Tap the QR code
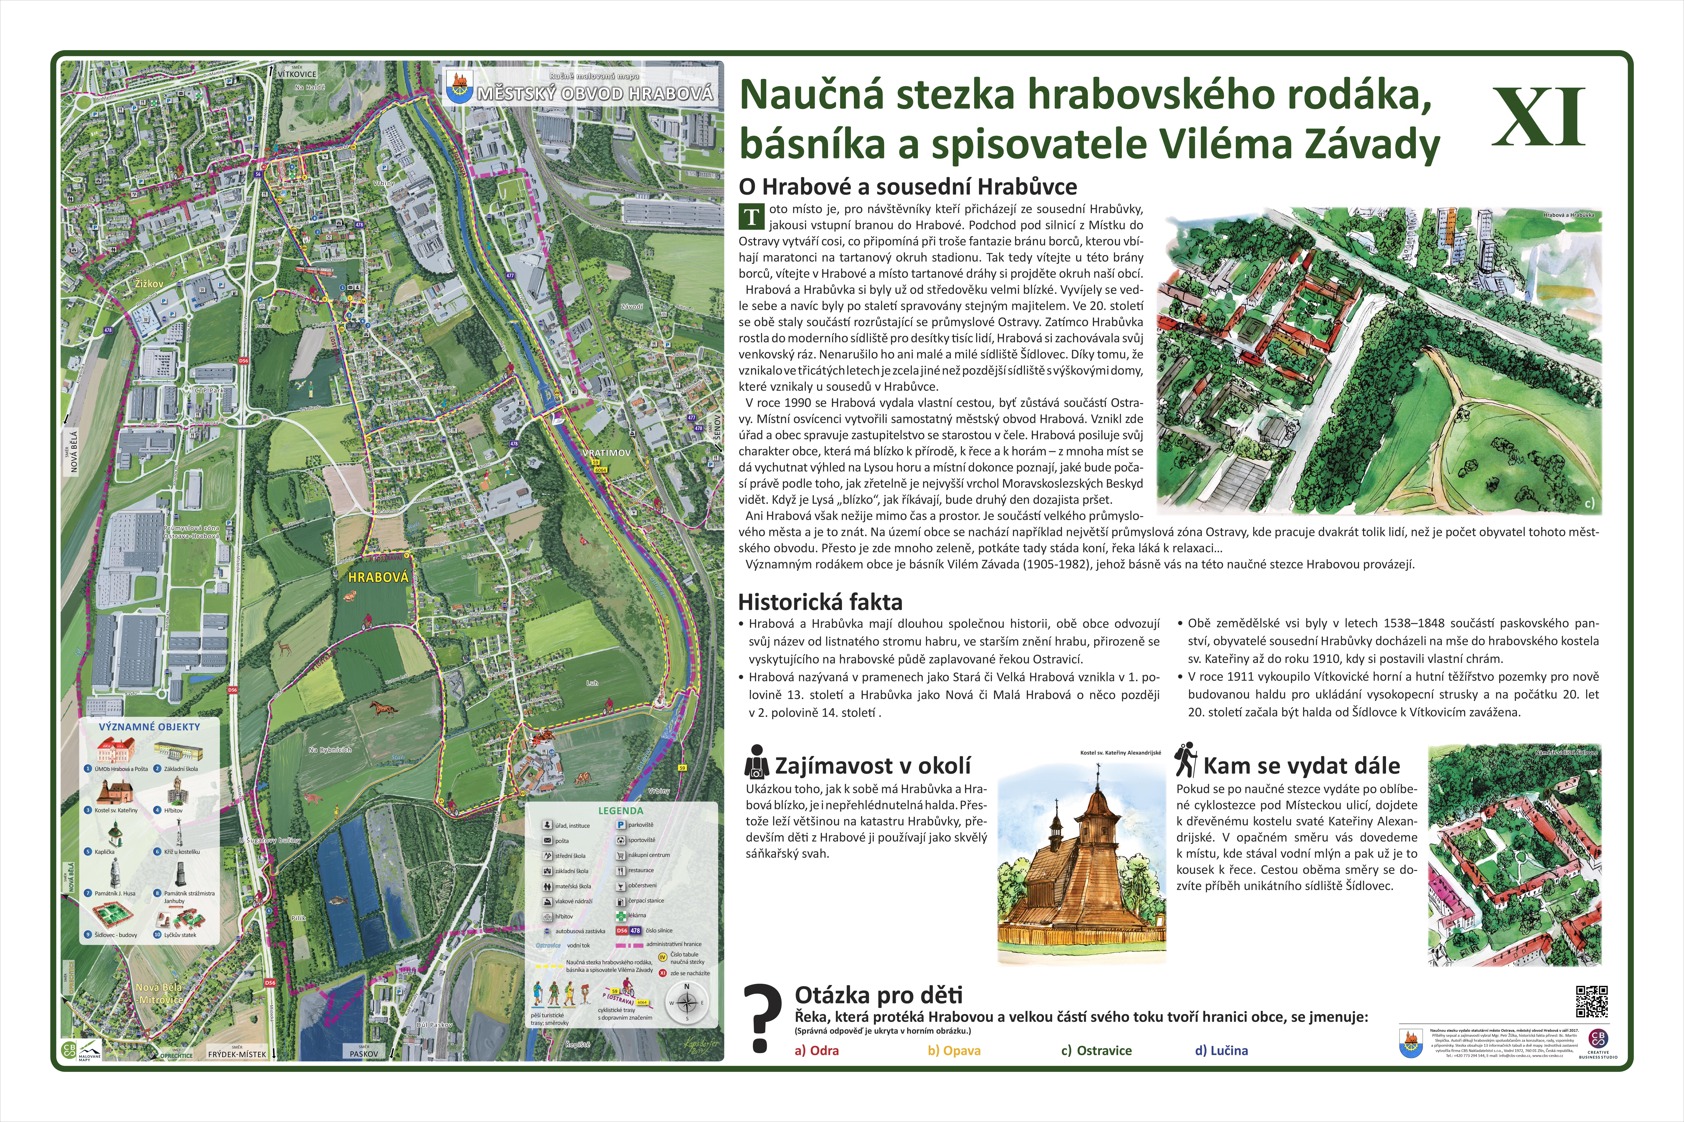(x=1592, y=1001)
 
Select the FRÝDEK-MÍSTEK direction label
(x=237, y=1054)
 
